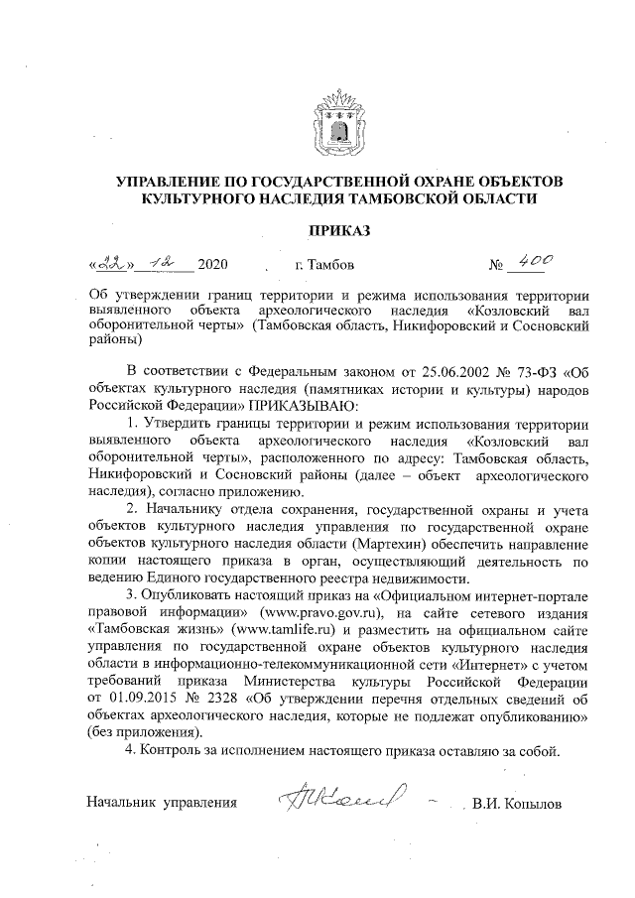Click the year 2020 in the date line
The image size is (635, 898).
pos(213,266)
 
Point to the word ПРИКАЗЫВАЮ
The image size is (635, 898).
pos(308,408)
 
